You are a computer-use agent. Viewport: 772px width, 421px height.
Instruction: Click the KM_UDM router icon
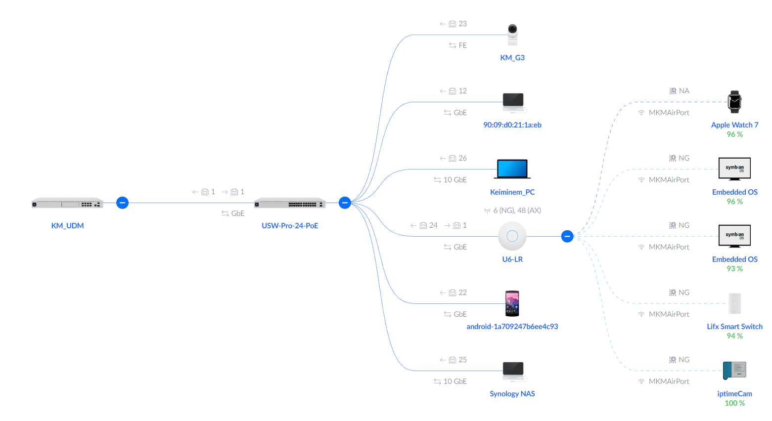pos(67,203)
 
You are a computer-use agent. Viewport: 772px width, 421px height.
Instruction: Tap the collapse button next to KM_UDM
pos(122,203)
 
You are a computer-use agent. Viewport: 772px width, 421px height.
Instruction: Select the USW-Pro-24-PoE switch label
pos(290,226)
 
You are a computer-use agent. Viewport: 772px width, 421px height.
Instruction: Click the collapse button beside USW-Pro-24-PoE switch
pos(345,203)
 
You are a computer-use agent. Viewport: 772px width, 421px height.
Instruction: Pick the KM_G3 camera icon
pos(512,35)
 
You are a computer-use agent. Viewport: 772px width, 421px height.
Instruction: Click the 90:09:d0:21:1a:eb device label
pos(512,125)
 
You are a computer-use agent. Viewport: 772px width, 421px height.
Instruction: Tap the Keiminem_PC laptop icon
pos(512,169)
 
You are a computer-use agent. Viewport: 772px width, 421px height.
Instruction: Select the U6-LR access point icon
pos(512,236)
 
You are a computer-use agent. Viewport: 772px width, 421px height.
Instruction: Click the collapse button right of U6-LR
pos(567,236)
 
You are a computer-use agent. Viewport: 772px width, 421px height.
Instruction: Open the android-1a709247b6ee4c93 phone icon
pos(512,303)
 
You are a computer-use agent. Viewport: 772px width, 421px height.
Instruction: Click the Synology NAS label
pos(512,394)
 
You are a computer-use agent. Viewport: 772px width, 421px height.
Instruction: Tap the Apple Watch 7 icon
pos(734,102)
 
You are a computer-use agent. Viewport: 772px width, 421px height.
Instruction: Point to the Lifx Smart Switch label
pos(734,327)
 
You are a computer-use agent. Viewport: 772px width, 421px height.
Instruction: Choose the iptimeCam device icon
pos(734,370)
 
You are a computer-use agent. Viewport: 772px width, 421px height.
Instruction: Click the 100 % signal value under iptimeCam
pos(734,403)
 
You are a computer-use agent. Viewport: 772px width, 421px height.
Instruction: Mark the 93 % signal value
pos(734,269)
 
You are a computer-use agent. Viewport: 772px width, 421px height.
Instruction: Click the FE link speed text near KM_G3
pos(462,45)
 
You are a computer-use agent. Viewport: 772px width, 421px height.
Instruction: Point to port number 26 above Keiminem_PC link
pos(462,158)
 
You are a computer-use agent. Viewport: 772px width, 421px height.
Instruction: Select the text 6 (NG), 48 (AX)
pos(517,210)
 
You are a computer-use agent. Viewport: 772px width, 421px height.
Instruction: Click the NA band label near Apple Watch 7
pos(684,91)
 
